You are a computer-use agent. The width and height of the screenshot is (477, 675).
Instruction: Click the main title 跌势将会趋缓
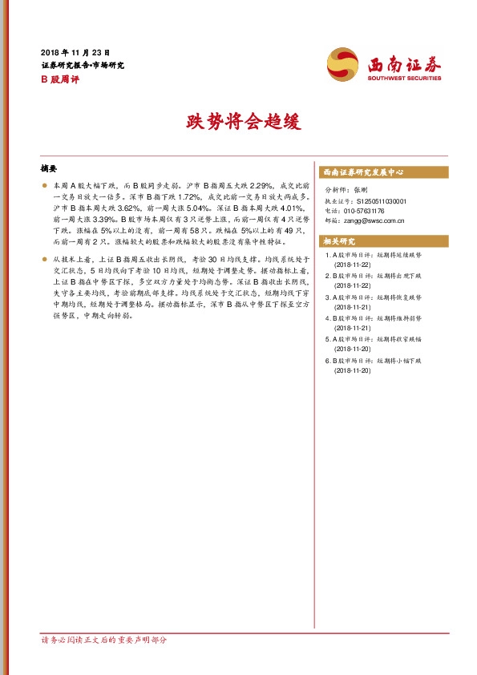click(x=239, y=122)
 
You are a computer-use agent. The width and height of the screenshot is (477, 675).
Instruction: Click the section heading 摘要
click(x=49, y=169)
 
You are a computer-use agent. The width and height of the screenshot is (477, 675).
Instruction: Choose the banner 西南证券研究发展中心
click(x=362, y=172)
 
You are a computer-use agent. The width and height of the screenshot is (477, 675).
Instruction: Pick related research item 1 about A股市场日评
click(x=375, y=255)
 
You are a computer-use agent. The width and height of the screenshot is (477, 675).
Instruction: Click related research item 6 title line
click(x=375, y=362)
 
